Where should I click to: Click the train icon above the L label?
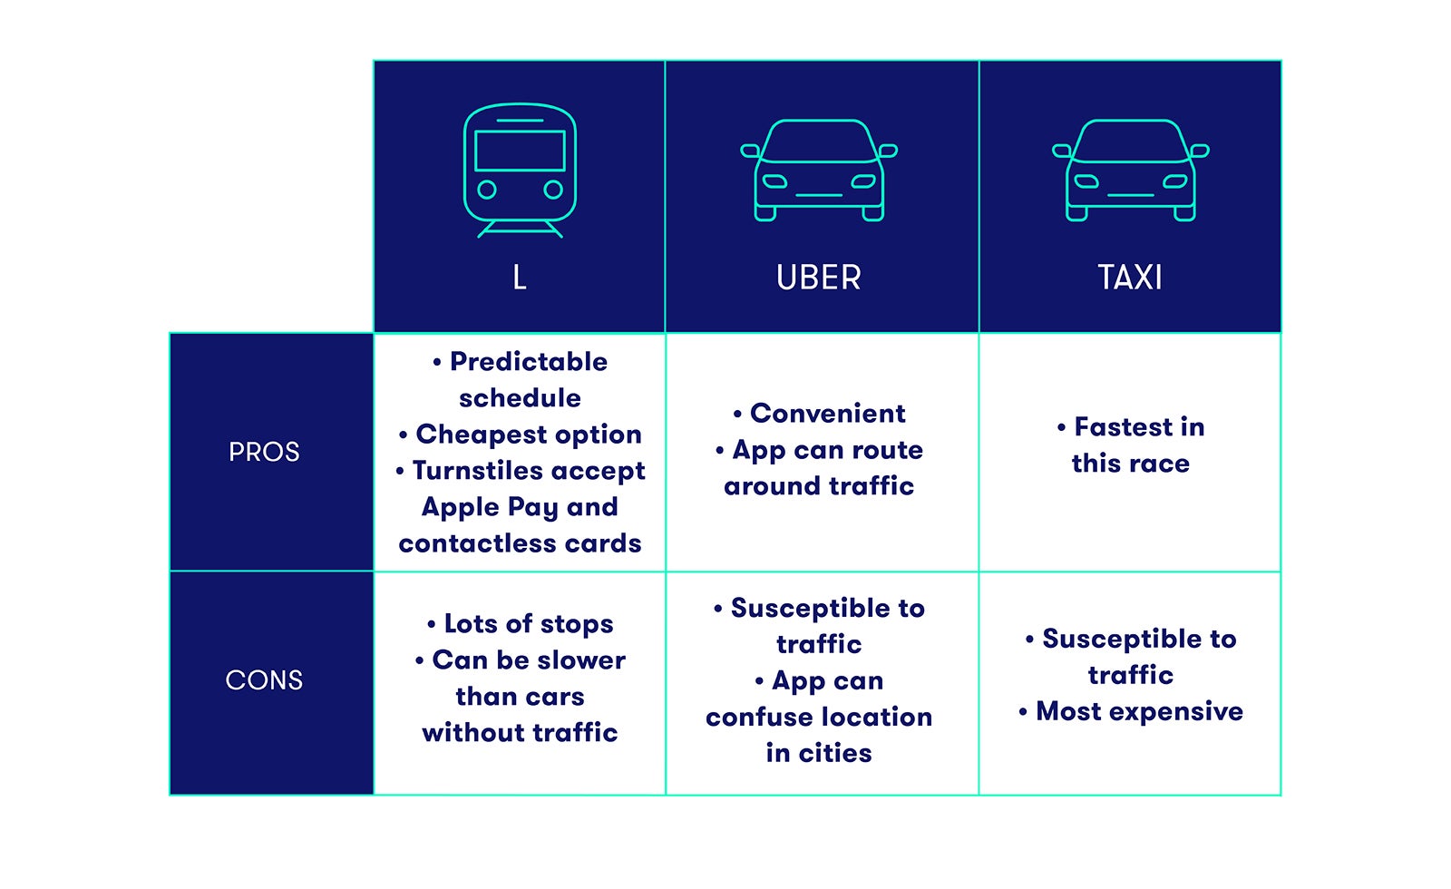click(x=521, y=171)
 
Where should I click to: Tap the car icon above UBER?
click(x=819, y=171)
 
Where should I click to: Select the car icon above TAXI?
click(x=1130, y=171)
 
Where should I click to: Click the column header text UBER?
click(x=819, y=278)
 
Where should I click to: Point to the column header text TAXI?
click(x=1130, y=278)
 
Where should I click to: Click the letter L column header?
click(x=520, y=278)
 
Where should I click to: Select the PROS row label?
click(x=264, y=452)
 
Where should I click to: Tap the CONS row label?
click(x=264, y=679)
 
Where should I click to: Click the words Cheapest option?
click(x=529, y=435)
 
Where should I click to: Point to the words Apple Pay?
click(x=491, y=507)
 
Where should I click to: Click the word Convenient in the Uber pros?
click(x=828, y=414)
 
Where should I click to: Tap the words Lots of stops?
click(x=529, y=624)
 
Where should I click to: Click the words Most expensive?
click(x=1139, y=711)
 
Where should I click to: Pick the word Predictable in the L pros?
click(x=529, y=362)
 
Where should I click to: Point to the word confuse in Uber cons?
click(x=752, y=718)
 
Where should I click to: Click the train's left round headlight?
click(x=487, y=190)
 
